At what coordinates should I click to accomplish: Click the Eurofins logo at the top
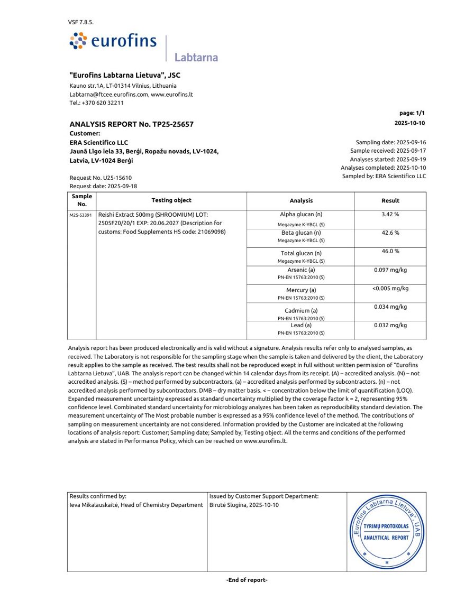(x=113, y=41)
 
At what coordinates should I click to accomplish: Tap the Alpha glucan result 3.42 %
(x=390, y=215)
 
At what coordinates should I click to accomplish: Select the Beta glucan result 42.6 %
(x=390, y=233)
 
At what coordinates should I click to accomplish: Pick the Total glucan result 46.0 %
(x=390, y=251)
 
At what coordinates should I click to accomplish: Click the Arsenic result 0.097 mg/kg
(x=390, y=270)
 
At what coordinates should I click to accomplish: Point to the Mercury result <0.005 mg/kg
(x=390, y=289)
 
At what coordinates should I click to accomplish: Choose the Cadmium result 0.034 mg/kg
(x=390, y=307)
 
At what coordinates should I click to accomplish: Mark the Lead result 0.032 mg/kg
(x=390, y=326)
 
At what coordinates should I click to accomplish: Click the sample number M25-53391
(x=81, y=216)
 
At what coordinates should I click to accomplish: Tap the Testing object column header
(x=171, y=200)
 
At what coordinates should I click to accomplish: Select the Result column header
(x=390, y=201)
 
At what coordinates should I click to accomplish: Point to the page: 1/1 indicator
(x=412, y=113)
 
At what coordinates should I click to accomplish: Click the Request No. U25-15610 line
(x=101, y=178)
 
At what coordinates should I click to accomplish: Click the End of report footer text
(x=247, y=580)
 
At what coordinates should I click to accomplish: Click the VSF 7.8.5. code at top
(x=81, y=22)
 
